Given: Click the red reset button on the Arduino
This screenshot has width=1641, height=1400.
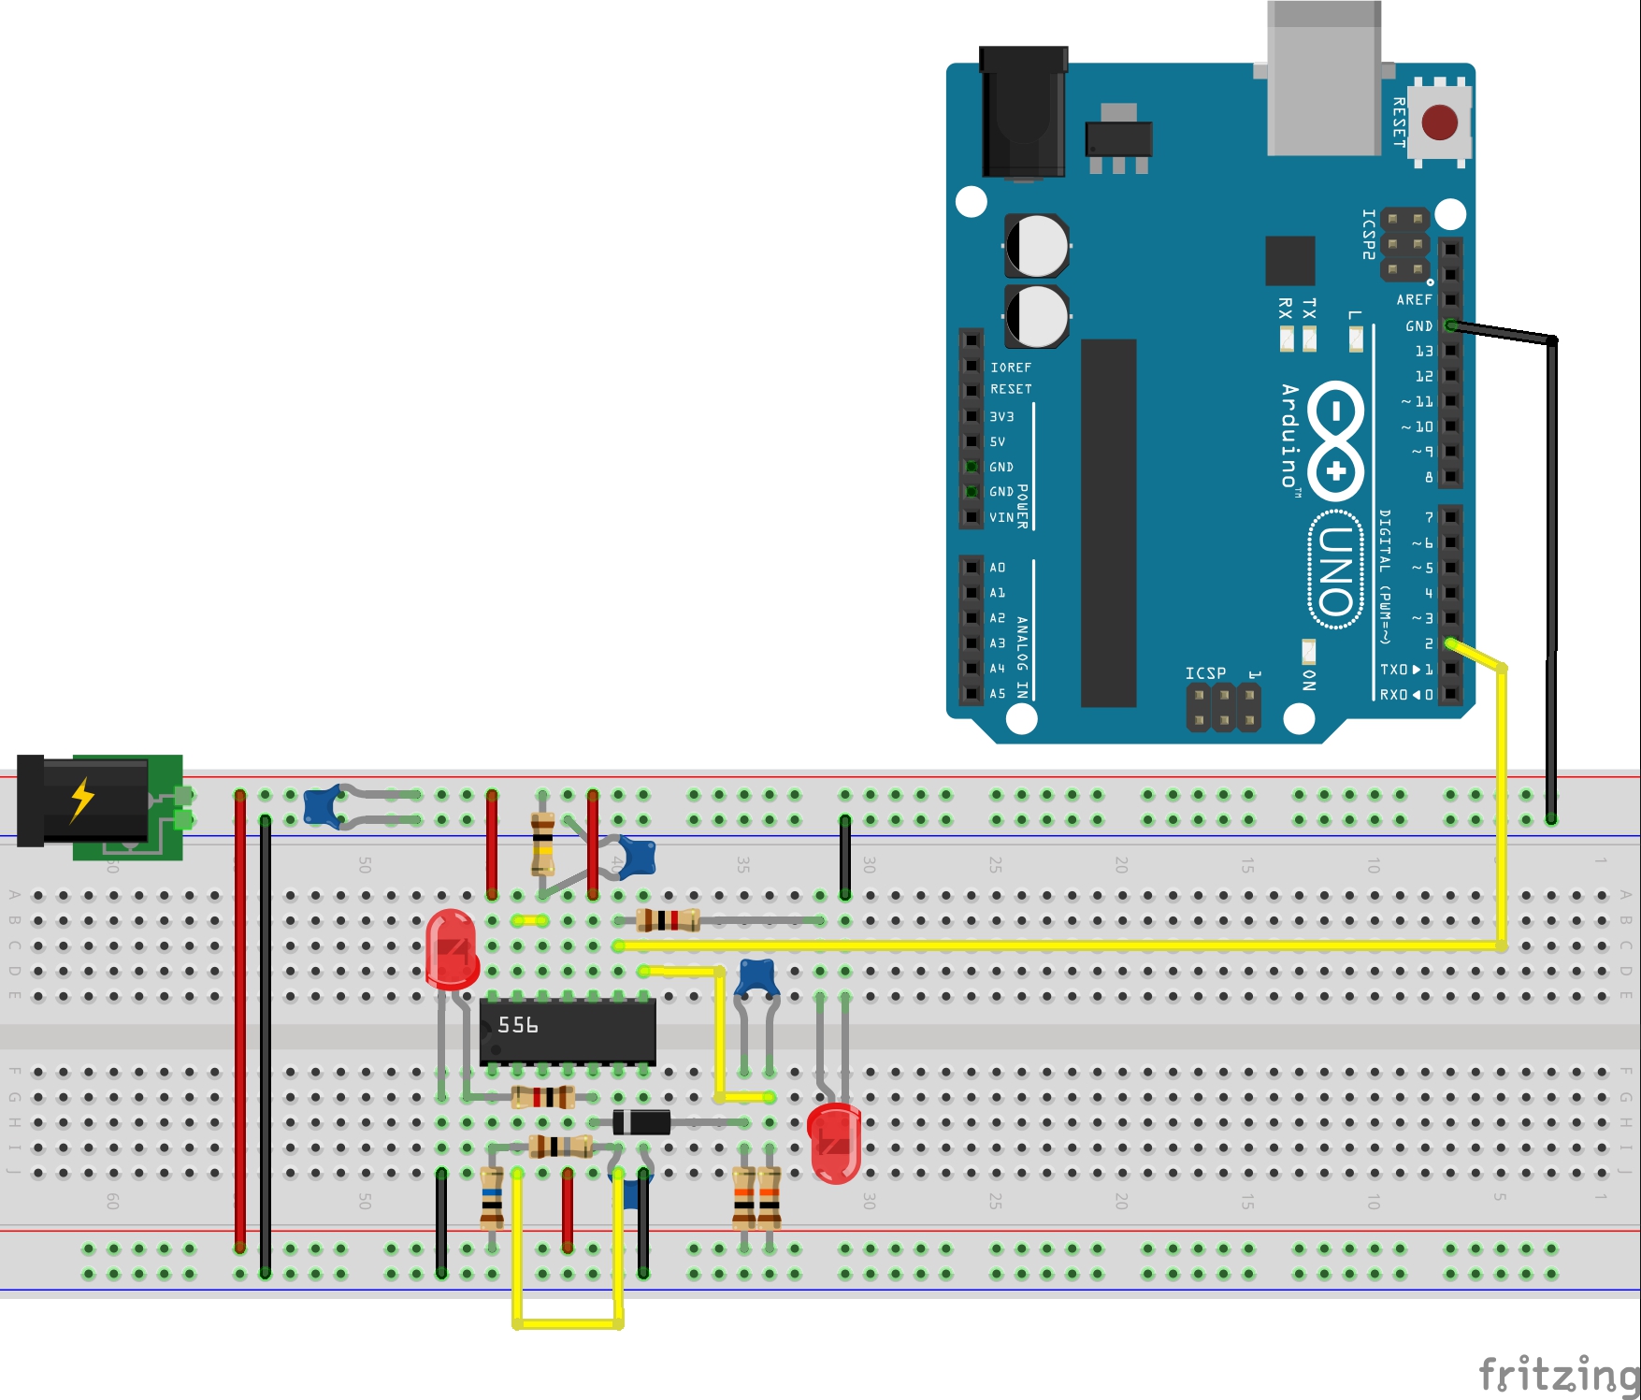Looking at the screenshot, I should click(x=1439, y=123).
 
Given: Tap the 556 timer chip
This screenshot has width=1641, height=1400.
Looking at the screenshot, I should click(x=567, y=1031).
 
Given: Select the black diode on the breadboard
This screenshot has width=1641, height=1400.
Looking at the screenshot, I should click(x=641, y=1121).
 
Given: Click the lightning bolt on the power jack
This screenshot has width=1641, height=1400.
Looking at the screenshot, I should click(x=83, y=800).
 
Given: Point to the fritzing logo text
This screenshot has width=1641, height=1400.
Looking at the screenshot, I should click(x=1558, y=1373).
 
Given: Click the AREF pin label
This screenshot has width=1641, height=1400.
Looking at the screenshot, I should click(x=1414, y=300).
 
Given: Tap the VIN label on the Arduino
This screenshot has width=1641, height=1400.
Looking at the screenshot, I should click(x=1001, y=517).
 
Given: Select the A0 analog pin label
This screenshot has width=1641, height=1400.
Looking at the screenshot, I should click(x=998, y=568).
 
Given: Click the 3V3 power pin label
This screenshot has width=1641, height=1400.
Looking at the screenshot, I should click(x=1001, y=417).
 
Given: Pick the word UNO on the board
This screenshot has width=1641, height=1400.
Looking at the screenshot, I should click(x=1336, y=570).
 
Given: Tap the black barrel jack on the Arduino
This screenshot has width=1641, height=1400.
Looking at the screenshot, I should click(x=1023, y=112).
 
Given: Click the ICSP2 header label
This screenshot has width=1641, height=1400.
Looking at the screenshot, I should click(x=1369, y=234).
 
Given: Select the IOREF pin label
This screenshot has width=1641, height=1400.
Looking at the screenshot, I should click(x=1011, y=368).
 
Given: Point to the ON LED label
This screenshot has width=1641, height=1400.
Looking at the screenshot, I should click(x=1309, y=680).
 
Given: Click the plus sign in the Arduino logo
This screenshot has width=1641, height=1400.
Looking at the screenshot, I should click(x=1336, y=470).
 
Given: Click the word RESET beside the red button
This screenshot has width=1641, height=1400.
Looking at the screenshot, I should click(x=1399, y=122).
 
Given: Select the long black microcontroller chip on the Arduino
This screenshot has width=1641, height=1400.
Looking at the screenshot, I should click(x=1108, y=523).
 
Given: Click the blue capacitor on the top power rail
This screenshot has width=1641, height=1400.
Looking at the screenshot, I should click(x=322, y=807).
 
